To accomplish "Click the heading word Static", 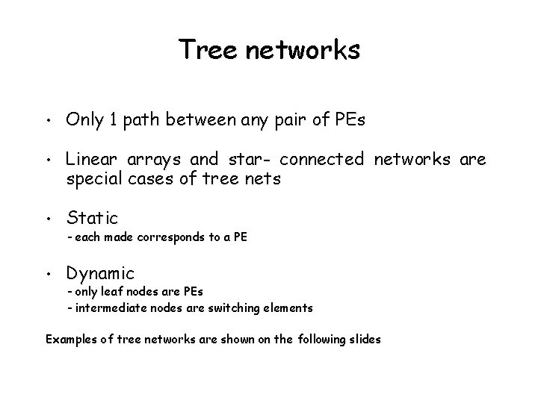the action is tap(92, 218).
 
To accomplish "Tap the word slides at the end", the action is tap(364, 339).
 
